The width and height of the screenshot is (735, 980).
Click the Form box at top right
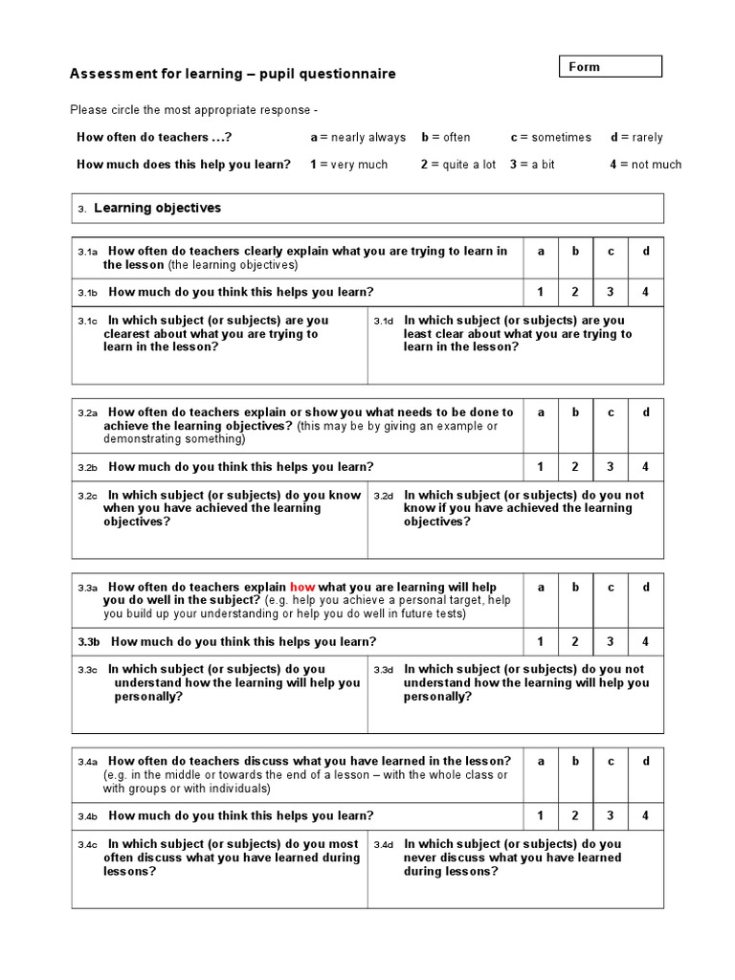click(610, 67)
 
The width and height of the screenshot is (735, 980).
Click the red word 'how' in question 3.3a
click(302, 587)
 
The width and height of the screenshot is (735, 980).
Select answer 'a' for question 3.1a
click(541, 251)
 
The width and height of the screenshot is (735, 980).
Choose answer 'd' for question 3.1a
click(646, 251)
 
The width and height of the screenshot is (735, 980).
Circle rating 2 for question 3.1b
click(575, 292)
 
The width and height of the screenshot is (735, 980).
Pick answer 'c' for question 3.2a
click(611, 412)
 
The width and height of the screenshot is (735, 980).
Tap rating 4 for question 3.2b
click(646, 467)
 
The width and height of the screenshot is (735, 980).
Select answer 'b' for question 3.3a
click(575, 587)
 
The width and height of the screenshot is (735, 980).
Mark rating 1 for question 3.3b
click(541, 641)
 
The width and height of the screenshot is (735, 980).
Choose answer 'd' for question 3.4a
click(646, 761)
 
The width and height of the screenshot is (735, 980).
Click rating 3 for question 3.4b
click(611, 815)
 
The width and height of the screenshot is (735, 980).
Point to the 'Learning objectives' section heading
click(157, 208)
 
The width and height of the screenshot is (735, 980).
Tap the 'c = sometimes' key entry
click(550, 137)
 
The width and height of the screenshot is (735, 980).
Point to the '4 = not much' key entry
click(645, 165)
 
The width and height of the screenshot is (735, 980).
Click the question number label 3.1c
click(88, 322)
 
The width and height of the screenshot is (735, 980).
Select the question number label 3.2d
click(384, 496)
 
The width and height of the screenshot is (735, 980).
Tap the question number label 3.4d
click(384, 845)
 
